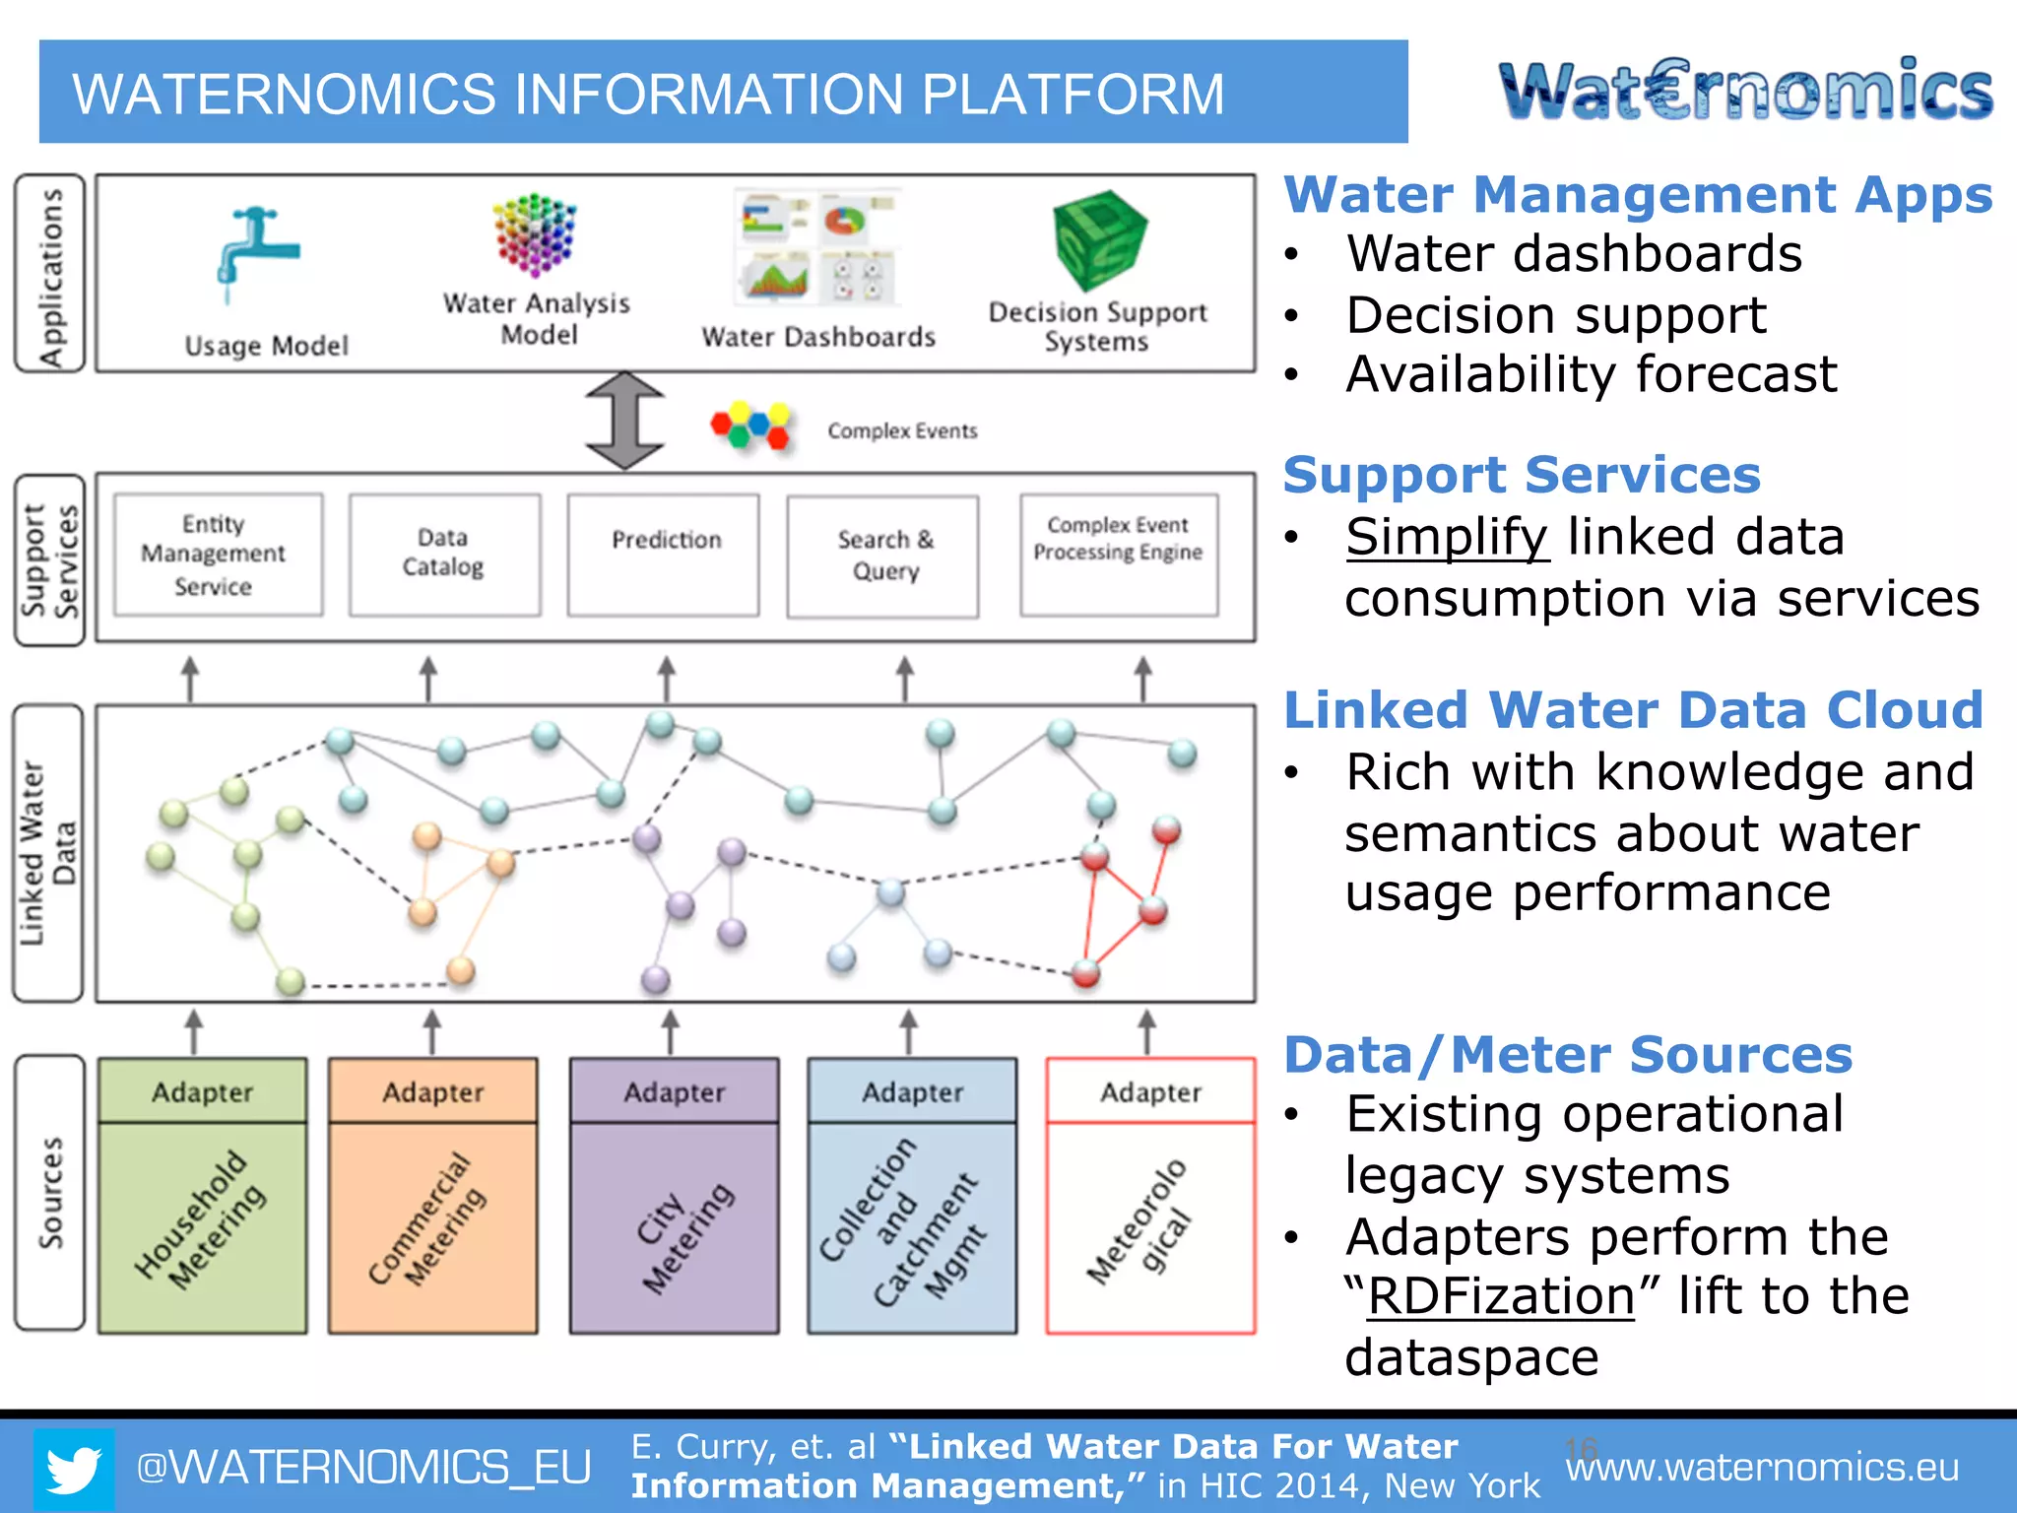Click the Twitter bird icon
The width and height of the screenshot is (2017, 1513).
tap(74, 1469)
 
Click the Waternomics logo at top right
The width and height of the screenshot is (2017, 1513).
tap(1745, 91)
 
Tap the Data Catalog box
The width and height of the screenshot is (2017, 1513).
tap(444, 556)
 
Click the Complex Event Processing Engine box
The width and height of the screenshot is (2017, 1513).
tap(1119, 556)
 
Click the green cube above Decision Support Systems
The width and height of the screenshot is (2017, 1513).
tap(1100, 239)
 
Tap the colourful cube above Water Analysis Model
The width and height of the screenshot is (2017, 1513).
tap(535, 234)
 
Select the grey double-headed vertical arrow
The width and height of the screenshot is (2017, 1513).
tap(624, 421)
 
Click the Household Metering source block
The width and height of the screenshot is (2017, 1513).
tap(202, 1226)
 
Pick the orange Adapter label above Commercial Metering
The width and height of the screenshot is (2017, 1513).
tap(433, 1091)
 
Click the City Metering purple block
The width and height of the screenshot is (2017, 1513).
tap(675, 1226)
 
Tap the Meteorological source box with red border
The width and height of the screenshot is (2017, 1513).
tap(1150, 1226)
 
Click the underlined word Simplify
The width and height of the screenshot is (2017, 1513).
tap(1447, 538)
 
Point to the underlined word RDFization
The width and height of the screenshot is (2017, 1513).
tap(1501, 1296)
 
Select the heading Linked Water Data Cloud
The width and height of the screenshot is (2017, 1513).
tap(1633, 710)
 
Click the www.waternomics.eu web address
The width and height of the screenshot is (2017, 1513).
tap(1762, 1468)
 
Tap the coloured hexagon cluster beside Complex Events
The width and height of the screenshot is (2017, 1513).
tap(751, 427)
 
